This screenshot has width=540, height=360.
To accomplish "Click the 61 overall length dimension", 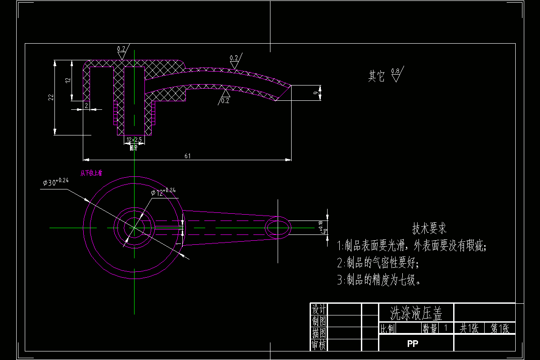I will [x=187, y=156].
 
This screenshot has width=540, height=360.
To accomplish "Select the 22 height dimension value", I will [x=51, y=97].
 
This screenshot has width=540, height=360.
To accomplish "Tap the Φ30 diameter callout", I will [x=55, y=182].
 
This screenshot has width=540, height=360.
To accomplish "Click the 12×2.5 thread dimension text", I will [x=134, y=140].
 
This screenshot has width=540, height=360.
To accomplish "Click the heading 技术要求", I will [x=429, y=229].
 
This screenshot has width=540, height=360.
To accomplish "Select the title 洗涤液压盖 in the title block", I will [x=416, y=312].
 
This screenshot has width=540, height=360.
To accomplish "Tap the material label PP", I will [x=413, y=344].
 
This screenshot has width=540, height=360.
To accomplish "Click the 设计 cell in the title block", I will [x=319, y=309].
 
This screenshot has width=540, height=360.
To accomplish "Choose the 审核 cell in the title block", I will [x=319, y=345].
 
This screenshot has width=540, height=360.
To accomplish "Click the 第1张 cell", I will [x=499, y=328].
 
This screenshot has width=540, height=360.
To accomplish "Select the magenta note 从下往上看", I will [x=91, y=173].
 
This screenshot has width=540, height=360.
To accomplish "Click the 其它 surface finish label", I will [x=376, y=76].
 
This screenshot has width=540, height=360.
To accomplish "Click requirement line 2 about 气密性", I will [x=378, y=263].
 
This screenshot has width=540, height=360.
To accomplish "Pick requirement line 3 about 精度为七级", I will [x=379, y=280].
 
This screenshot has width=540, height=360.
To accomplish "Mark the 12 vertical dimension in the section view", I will [x=67, y=80].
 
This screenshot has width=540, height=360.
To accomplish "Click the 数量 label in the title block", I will [x=430, y=328].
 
